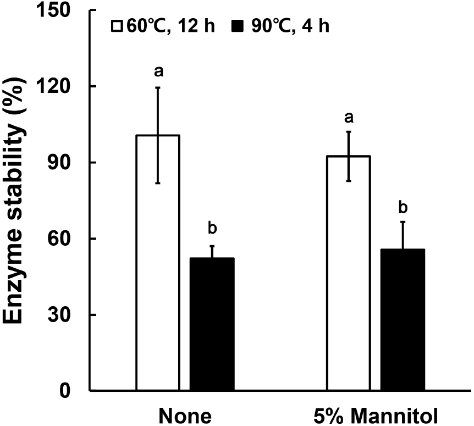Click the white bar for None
(x=158, y=263)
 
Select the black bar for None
(x=212, y=324)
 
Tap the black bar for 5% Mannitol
(x=403, y=320)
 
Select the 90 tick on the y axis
(x=66, y=163)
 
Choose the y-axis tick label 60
(x=66, y=239)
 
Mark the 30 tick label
(x=66, y=315)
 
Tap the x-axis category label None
(x=185, y=416)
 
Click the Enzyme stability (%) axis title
(x=19, y=201)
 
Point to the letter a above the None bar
(x=158, y=71)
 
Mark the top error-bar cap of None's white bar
(x=158, y=87)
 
